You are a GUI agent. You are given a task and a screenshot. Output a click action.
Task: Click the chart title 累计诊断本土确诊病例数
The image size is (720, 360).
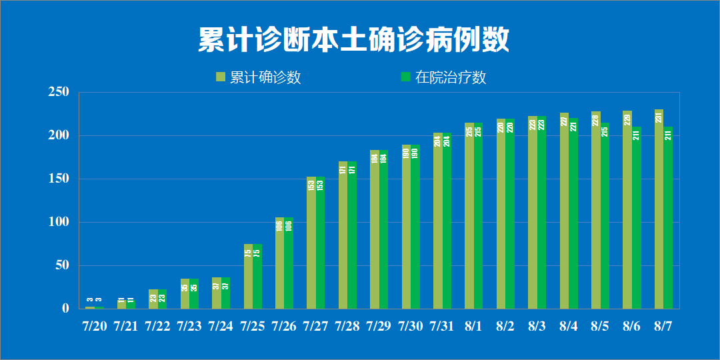[353, 40]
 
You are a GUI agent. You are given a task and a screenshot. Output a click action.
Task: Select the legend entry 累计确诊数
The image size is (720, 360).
[265, 77]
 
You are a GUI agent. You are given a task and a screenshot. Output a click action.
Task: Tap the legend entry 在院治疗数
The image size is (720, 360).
[451, 77]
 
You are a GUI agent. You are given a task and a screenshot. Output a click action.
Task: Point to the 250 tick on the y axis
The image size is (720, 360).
[59, 93]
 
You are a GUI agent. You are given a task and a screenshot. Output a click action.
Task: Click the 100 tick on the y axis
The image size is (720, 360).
[59, 222]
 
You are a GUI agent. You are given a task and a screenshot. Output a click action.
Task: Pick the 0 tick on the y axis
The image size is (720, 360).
[65, 308]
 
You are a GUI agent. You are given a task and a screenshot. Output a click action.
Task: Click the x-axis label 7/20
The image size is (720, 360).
[94, 326]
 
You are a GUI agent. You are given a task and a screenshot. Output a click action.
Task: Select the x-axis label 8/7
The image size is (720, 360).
[663, 326]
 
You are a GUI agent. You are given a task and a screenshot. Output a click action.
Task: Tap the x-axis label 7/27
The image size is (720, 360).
[315, 326]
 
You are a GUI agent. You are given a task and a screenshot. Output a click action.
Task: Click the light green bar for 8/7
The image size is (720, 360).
[659, 213]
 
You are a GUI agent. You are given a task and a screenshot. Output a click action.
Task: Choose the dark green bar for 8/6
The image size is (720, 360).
[636, 220]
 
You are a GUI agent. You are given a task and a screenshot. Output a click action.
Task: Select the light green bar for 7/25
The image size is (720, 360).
[248, 277]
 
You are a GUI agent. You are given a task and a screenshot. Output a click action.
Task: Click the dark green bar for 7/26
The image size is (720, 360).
[289, 263]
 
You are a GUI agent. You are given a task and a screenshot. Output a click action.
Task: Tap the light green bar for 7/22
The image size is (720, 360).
[153, 299]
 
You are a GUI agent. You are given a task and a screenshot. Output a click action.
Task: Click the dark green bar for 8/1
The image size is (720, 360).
[478, 217]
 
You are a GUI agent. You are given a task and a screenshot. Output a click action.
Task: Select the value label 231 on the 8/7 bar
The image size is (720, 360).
[659, 117]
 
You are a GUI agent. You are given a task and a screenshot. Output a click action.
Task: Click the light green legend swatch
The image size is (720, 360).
[221, 77]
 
